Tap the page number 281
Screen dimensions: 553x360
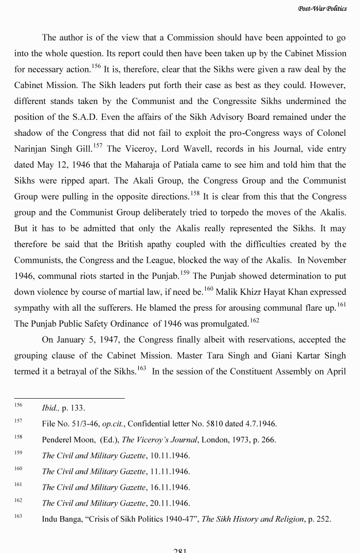point(179,549)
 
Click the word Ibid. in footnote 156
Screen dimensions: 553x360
point(50,408)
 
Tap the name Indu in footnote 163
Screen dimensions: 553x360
point(50,519)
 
